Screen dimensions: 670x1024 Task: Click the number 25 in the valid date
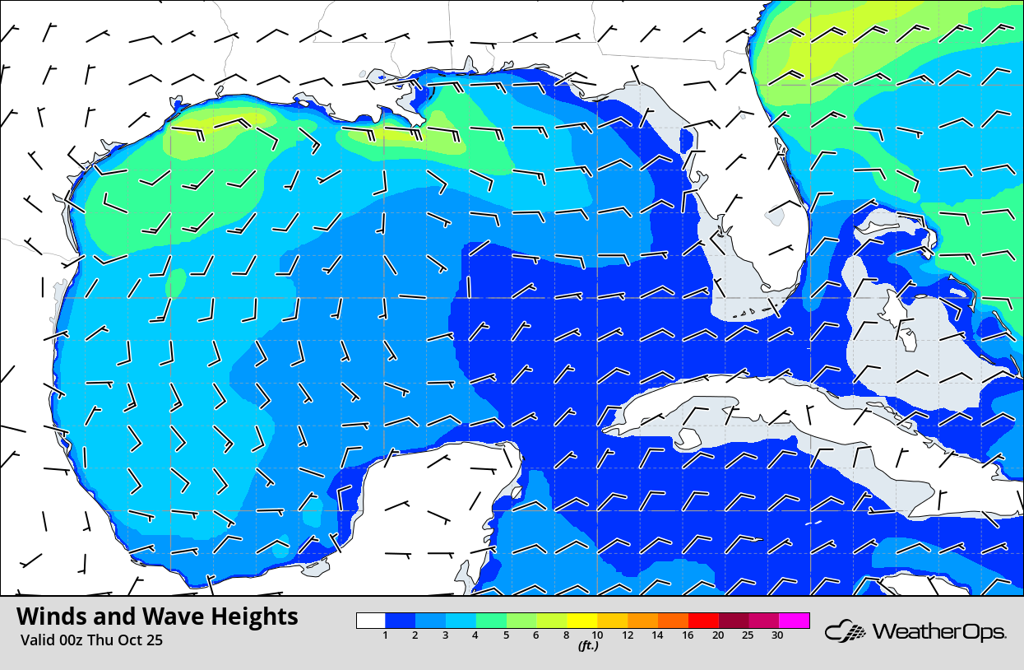point(154,640)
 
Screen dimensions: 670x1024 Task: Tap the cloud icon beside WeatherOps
point(846,632)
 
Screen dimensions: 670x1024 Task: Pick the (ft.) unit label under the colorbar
point(587,646)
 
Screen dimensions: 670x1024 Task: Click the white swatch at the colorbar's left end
point(371,621)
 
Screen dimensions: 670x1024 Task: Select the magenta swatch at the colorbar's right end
point(795,621)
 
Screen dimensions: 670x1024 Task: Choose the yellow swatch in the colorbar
point(582,621)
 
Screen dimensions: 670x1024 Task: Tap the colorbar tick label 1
point(386,635)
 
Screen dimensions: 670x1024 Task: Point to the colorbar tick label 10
point(597,635)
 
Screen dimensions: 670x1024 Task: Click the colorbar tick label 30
point(777,635)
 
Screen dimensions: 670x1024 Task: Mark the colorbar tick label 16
point(688,635)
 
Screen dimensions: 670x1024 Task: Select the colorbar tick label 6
point(536,635)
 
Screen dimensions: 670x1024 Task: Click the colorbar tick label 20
point(717,635)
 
